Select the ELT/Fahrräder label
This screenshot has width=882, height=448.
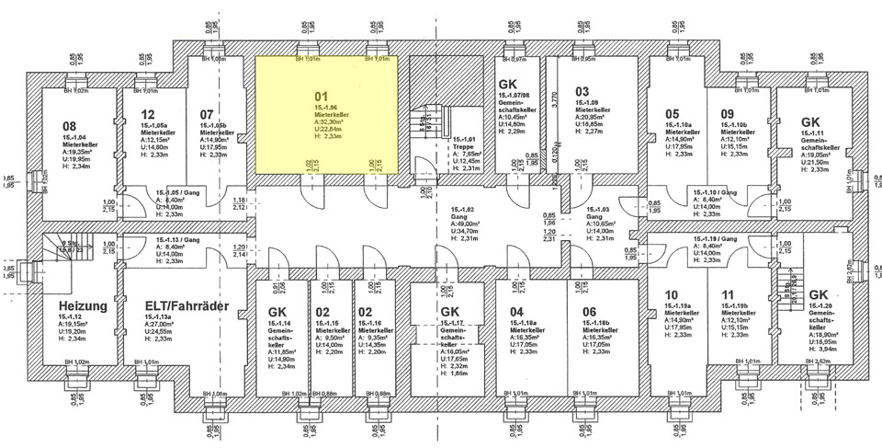[x=187, y=304]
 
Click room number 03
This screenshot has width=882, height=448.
[x=582, y=91]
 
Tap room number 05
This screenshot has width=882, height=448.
[x=673, y=114]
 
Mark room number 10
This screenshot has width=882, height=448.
[x=672, y=295]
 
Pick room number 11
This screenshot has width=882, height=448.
[x=729, y=295]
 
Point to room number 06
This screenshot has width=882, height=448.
[x=589, y=311]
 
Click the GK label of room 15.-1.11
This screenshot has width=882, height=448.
[x=810, y=121]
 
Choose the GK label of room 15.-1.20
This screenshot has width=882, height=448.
[x=820, y=294]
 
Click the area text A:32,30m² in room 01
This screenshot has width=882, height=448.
[x=329, y=121]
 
